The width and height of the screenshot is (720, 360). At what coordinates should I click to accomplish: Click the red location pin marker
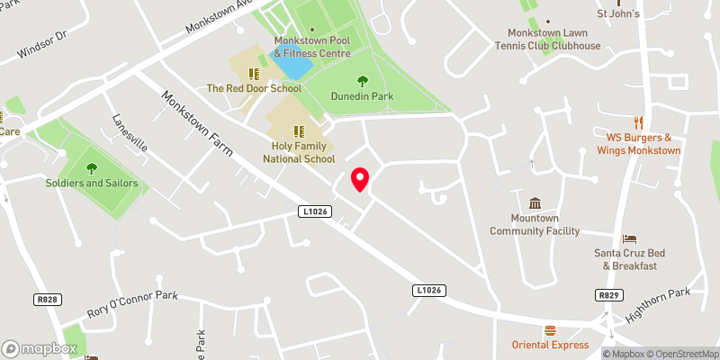360,179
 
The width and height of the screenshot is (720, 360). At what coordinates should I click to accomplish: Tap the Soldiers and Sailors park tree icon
92,166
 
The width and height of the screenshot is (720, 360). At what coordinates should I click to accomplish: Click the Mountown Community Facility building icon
535,203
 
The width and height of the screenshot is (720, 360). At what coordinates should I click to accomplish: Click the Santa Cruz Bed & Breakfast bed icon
630,238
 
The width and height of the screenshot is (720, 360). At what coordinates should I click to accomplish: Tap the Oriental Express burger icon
550,330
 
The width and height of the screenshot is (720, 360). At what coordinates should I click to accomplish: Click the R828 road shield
48,298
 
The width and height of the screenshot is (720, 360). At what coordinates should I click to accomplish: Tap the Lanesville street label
130,134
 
